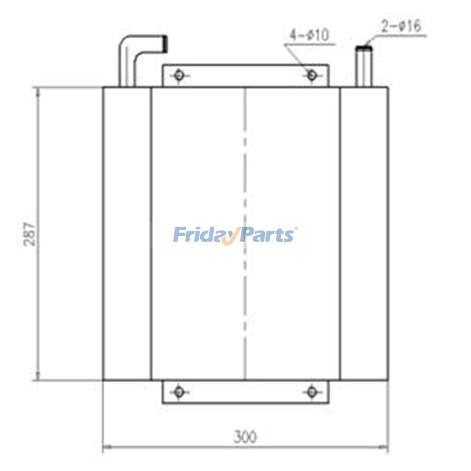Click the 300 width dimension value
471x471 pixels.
pos(245,437)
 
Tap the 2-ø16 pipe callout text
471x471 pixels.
pos(402,26)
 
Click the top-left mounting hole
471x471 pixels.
pos(179,75)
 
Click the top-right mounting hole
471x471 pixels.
pos(312,75)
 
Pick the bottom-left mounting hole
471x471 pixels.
pos(179,391)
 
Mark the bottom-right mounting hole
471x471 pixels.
pos(312,391)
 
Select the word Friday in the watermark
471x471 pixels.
pos(203,235)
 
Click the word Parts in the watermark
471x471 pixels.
pos(268,235)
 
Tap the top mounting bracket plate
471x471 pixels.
pos(245,76)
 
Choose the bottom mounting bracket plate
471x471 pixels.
pos(245,392)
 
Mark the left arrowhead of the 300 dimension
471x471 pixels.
pos(107,449)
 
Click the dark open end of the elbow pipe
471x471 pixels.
pos(167,43)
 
